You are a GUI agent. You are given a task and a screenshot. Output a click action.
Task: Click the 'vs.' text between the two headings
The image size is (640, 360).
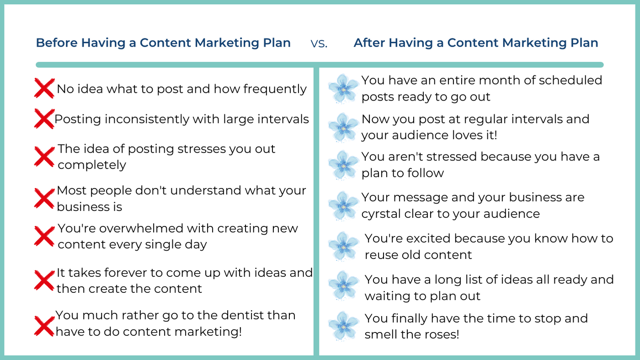pos(319,44)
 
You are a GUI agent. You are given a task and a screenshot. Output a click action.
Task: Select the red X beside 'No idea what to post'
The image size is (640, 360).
pos(44,88)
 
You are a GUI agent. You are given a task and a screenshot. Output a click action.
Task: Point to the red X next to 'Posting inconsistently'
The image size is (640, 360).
pos(44,118)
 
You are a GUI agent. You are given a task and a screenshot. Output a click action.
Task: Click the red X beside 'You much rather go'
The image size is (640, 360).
pos(44,326)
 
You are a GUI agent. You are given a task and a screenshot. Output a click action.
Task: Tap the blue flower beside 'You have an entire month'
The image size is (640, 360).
pos(343,89)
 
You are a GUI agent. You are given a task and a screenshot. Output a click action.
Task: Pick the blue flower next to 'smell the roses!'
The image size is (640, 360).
pos(343,326)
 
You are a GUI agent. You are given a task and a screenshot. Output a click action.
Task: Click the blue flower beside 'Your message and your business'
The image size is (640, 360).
pos(343,206)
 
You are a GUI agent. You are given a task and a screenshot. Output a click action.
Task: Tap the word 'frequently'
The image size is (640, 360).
pos(275,89)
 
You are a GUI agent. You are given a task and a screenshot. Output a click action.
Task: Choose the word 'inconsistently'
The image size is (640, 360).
pos(147,119)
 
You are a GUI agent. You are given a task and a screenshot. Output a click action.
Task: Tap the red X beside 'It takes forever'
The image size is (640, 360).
pos(44,280)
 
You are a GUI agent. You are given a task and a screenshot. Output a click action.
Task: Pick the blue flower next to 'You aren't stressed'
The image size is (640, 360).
pos(343,165)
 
